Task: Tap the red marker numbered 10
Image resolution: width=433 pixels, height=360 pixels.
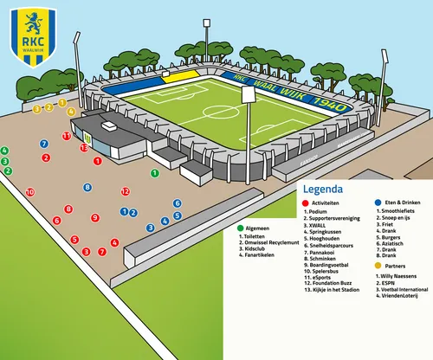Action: pyautogui.click(x=29, y=192)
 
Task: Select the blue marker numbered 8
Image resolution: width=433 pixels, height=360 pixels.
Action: pyautogui.click(x=87, y=187)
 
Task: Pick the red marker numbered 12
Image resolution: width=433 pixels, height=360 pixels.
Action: pyautogui.click(x=126, y=191)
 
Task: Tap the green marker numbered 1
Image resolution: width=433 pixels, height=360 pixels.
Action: pyautogui.click(x=154, y=173)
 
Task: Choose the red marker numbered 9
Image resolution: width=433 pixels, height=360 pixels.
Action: pyautogui.click(x=95, y=217)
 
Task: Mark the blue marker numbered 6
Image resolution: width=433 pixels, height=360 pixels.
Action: pyautogui.click(x=178, y=203)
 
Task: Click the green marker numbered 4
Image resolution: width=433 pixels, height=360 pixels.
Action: pyautogui.click(x=4, y=151)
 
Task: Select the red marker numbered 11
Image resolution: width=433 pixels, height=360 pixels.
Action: pyautogui.click(x=67, y=136)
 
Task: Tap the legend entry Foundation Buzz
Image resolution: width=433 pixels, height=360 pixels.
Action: pyautogui.click(x=333, y=282)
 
